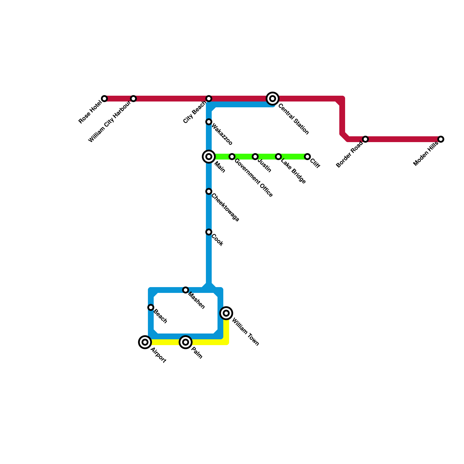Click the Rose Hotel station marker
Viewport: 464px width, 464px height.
(104, 99)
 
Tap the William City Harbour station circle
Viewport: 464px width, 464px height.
(133, 99)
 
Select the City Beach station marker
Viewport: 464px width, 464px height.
(209, 99)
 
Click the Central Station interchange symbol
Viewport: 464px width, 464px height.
(273, 99)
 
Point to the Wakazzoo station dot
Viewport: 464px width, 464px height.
(209, 122)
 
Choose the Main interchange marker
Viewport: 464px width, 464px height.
(209, 157)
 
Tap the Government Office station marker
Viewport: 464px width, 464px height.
(232, 157)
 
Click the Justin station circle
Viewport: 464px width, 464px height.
(255, 157)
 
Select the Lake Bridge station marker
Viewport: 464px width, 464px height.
(278, 157)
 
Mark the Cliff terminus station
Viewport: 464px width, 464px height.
(307, 157)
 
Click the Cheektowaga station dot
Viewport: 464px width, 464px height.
(209, 191)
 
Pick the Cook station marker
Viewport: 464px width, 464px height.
(209, 232)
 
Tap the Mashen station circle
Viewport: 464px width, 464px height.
(186, 290)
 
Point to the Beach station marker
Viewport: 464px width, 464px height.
(151, 307)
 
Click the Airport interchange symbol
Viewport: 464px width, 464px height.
(145, 342)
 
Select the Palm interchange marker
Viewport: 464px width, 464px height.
(186, 342)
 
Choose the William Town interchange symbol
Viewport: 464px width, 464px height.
(226, 313)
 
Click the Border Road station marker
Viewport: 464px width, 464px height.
(365, 139)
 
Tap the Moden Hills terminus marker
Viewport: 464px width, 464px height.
(441, 139)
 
